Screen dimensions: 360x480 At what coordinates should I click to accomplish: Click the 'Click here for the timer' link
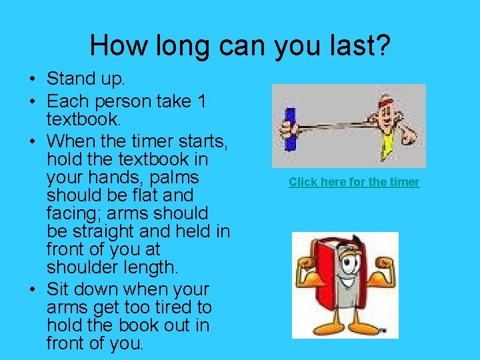click(x=354, y=182)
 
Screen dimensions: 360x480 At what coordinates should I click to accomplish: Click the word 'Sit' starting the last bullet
click(x=59, y=290)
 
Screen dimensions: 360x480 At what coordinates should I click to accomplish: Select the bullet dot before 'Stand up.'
click(x=32, y=79)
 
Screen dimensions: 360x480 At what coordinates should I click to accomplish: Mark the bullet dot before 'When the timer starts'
click(x=32, y=142)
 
